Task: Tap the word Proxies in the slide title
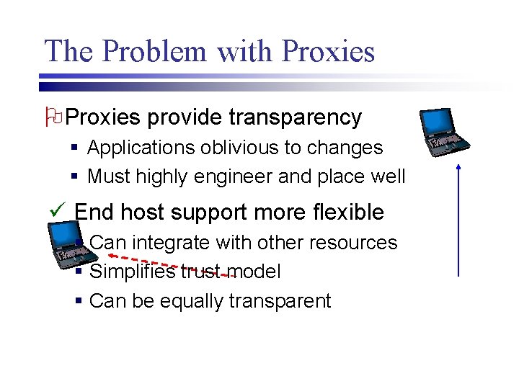(329, 52)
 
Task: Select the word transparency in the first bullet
(295, 117)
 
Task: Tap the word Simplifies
(132, 272)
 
